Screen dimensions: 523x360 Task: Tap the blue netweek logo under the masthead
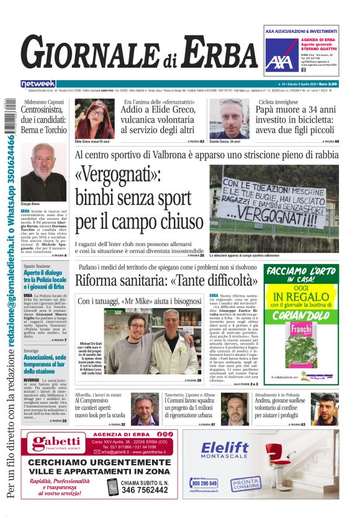[38, 83]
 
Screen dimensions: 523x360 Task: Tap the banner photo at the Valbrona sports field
[273, 209]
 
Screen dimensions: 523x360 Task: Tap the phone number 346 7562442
[144, 489]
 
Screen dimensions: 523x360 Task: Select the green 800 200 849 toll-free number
[204, 482]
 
